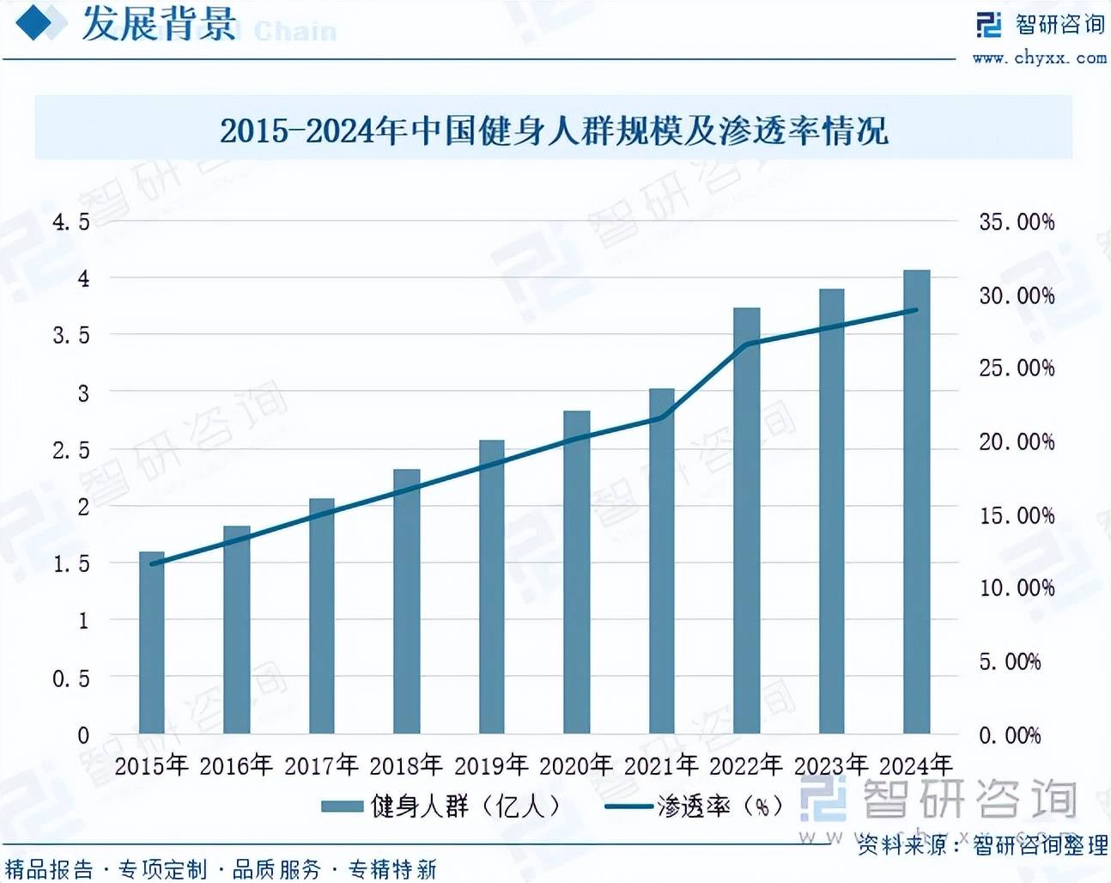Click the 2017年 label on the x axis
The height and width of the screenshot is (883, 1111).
(x=321, y=764)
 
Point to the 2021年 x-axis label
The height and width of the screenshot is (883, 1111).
(x=661, y=764)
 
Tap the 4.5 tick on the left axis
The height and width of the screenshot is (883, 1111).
(x=71, y=222)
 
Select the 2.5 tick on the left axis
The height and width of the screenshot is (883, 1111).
(x=71, y=450)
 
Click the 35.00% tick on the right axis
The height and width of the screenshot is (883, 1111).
(x=1017, y=222)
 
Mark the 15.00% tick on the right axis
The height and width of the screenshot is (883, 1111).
(x=1017, y=515)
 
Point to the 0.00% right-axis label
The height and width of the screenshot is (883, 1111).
(x=1010, y=735)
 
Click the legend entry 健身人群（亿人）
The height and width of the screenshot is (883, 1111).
(x=442, y=806)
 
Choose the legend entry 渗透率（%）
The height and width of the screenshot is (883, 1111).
(x=695, y=806)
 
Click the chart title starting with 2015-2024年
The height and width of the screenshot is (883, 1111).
(x=554, y=131)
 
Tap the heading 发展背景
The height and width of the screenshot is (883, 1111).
(x=159, y=23)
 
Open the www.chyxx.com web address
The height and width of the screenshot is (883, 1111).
(x=1039, y=58)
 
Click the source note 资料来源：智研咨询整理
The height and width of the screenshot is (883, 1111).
(x=982, y=845)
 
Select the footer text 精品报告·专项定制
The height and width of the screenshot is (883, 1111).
(x=106, y=869)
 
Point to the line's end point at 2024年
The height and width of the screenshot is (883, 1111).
(x=915, y=310)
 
